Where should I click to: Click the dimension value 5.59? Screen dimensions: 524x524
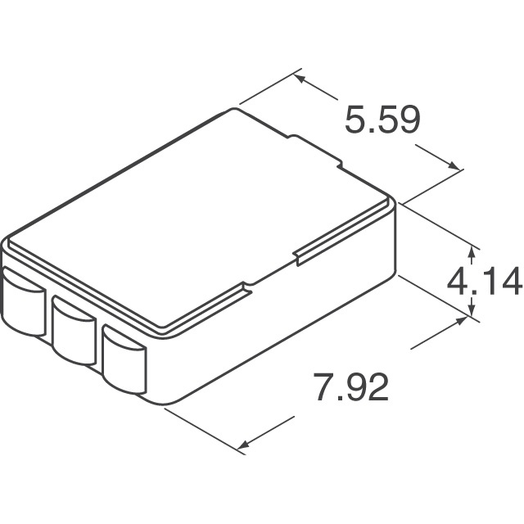pos(382,121)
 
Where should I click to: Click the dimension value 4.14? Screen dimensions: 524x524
pos(483,282)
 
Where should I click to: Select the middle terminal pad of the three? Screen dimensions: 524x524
pos(75,331)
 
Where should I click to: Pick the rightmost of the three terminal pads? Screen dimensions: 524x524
pos(124,358)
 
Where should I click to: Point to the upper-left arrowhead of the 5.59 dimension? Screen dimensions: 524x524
pos(299,79)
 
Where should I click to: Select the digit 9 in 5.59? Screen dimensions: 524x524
pos(407,121)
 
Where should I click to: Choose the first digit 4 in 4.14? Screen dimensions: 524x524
pos(459,282)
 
